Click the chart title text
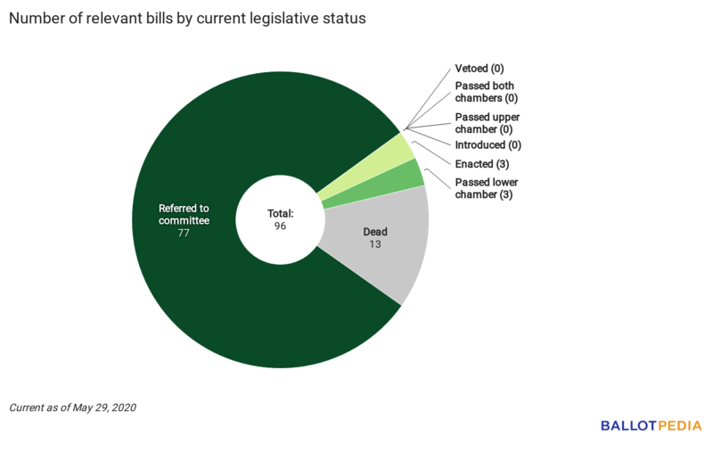(x=188, y=19)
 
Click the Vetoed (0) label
(x=479, y=69)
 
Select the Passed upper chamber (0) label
(x=488, y=123)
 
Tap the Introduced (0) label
(x=488, y=144)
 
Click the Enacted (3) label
(x=481, y=164)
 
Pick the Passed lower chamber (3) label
(x=486, y=188)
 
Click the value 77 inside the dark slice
(x=184, y=234)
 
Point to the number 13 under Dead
(x=375, y=244)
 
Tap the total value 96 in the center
(x=281, y=226)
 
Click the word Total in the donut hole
(x=281, y=214)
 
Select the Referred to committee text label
(x=184, y=214)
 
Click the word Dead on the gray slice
(x=375, y=232)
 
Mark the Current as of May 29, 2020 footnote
(x=73, y=407)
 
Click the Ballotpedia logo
(x=651, y=426)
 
